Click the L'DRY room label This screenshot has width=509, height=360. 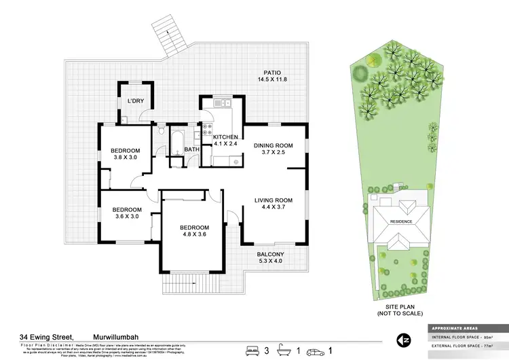point(136,101)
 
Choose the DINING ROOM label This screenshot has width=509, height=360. point(273,146)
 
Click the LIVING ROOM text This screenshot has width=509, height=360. point(273,200)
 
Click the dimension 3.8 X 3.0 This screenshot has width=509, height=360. point(126,158)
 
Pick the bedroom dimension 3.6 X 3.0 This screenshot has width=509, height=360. point(127,217)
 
